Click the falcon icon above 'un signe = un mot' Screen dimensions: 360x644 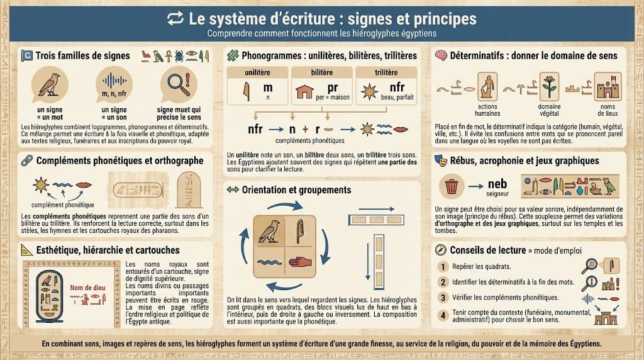click(48, 84)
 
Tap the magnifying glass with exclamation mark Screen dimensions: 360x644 click(174, 84)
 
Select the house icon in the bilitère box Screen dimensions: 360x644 click(304, 92)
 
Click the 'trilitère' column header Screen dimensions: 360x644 click(386, 73)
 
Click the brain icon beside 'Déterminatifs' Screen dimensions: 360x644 click(441, 55)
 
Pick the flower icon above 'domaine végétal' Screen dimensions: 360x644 click(550, 86)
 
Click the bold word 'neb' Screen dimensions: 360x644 click(497, 184)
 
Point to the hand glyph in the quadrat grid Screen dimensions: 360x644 click(304, 260)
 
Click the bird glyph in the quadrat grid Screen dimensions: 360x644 click(269, 231)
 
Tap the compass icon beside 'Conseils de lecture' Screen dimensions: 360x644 click(441, 249)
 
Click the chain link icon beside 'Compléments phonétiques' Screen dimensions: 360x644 click(26, 160)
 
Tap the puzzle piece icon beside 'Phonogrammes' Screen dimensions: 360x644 click(233, 55)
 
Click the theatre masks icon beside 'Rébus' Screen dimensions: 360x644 click(441, 160)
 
